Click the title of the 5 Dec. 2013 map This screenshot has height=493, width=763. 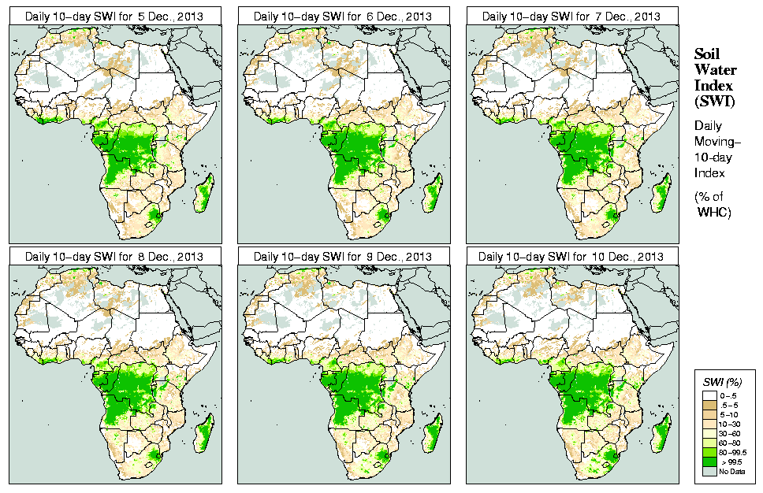(x=115, y=16)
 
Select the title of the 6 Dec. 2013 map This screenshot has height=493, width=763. (x=343, y=16)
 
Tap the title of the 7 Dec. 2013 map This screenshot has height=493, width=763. (x=571, y=16)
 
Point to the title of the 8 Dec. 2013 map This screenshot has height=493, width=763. (x=115, y=257)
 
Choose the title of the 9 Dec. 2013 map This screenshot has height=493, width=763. (x=343, y=257)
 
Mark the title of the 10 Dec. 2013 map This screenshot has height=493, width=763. (x=571, y=257)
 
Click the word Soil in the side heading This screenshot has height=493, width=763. (x=705, y=54)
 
